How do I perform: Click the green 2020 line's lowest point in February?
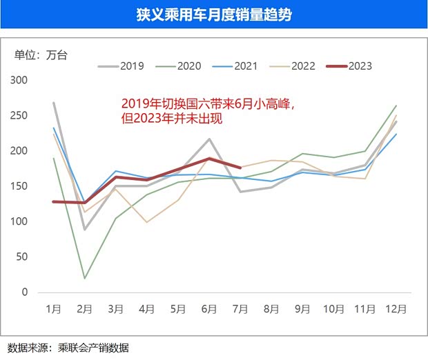84,278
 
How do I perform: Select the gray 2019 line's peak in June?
209,139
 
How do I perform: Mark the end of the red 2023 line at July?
240,168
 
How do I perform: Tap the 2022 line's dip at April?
146,222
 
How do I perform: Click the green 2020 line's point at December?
395,106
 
